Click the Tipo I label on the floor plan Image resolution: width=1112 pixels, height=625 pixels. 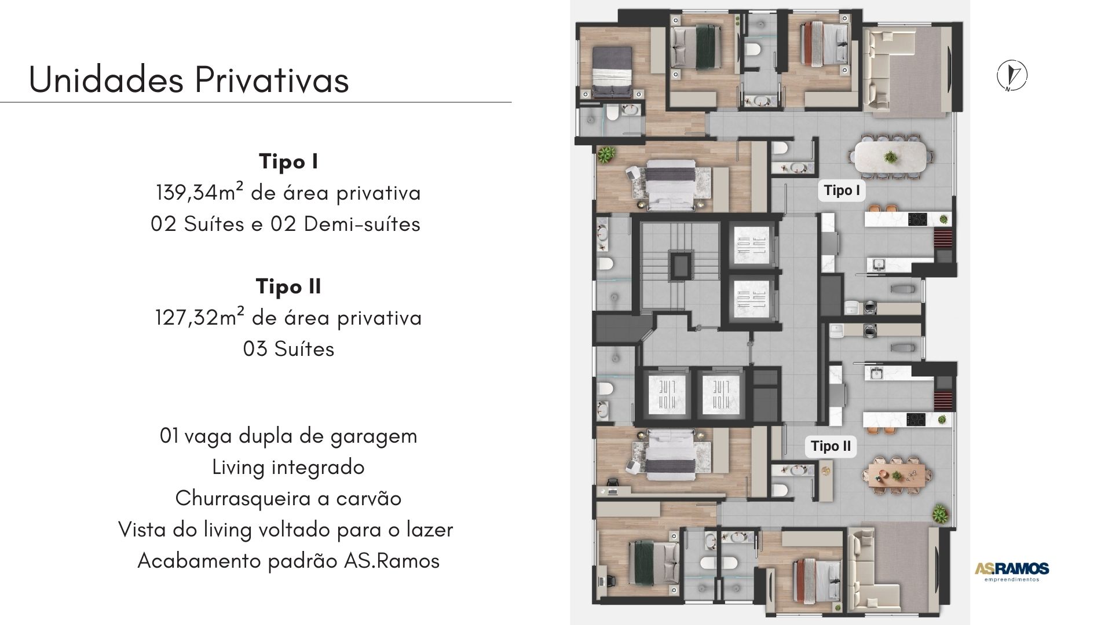[x=842, y=190]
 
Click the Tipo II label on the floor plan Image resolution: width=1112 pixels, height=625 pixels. [x=831, y=446]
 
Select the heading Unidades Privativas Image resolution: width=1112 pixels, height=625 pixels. [x=189, y=79]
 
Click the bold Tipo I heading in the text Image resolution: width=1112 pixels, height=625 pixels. [x=288, y=161]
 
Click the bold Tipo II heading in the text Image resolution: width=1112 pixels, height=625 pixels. [x=288, y=286]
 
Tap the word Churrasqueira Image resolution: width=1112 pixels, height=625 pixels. [x=243, y=498]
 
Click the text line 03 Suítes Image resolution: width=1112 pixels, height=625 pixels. [x=288, y=349]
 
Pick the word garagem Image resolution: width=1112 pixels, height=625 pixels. [x=374, y=436]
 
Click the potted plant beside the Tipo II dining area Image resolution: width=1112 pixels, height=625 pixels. [x=939, y=513]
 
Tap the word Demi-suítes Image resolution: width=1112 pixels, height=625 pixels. [x=362, y=224]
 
